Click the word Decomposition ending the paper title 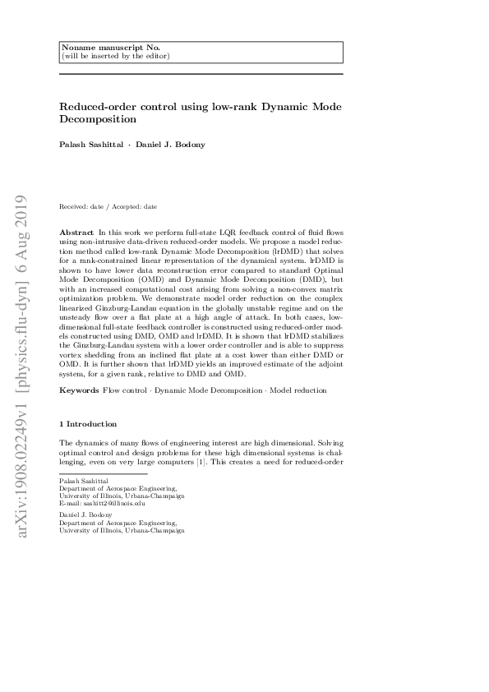(x=98, y=119)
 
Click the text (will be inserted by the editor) (x=117, y=56)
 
